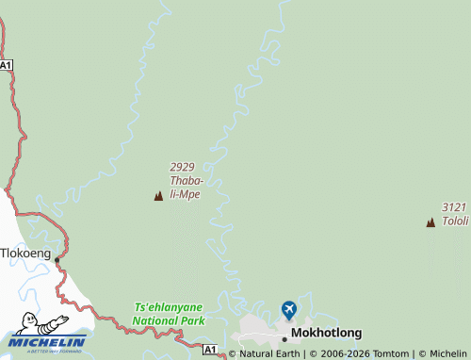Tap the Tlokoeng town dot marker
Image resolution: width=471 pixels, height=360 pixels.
click(x=57, y=259)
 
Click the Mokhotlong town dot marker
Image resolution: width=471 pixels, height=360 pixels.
click(x=284, y=338)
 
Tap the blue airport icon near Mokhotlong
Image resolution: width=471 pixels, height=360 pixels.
click(x=288, y=309)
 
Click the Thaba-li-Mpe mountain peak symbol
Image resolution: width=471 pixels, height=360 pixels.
click(x=158, y=196)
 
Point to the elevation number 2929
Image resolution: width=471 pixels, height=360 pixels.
click(x=183, y=167)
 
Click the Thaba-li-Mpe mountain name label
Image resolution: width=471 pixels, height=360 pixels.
click(x=186, y=188)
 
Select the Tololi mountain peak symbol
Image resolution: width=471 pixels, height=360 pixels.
click(x=430, y=222)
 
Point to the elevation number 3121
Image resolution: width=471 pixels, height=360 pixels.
click(x=454, y=207)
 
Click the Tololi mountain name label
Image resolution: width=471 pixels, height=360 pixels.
click(x=455, y=221)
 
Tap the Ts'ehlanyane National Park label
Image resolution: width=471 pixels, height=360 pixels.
click(x=170, y=314)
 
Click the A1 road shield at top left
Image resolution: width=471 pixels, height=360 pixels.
click(x=7, y=65)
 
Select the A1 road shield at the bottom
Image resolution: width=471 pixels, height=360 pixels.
click(x=210, y=350)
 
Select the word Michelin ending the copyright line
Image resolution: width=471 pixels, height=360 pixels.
click(x=448, y=353)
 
